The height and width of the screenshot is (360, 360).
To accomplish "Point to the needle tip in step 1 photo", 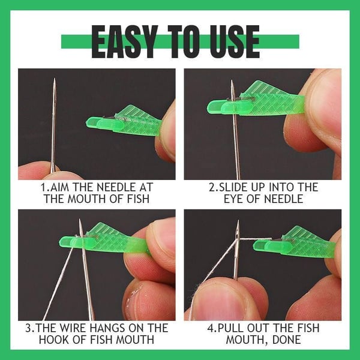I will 54,81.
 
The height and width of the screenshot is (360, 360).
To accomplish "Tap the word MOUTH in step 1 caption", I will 92,199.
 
